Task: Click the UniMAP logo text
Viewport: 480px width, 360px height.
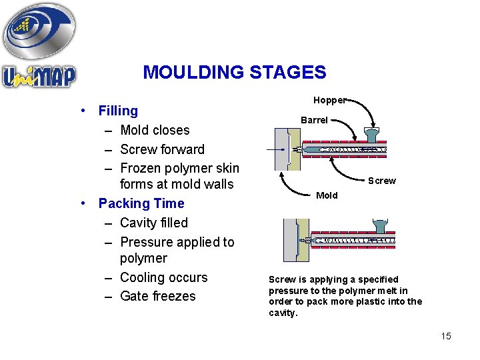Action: tap(39, 75)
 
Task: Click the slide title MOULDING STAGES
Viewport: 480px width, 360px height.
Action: tap(235, 72)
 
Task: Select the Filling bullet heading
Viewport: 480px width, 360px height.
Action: tap(118, 111)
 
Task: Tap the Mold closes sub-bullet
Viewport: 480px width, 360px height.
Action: tap(155, 130)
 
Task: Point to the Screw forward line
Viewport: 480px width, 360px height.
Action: tap(162, 149)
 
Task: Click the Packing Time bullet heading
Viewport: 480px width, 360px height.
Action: tap(141, 203)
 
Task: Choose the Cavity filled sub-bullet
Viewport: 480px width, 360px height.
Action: tap(154, 223)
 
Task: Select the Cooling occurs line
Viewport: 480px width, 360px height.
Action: tap(163, 277)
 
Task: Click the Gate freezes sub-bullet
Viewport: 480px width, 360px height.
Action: tap(158, 297)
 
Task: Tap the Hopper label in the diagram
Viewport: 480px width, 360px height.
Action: tap(329, 100)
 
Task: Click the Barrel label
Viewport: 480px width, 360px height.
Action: tap(314, 121)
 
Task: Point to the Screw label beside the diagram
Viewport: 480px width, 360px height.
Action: tap(382, 181)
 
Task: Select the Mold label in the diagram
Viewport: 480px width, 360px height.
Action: tap(327, 195)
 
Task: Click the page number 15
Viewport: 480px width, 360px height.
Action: tap(446, 336)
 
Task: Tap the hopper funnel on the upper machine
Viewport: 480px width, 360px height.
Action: tap(373, 134)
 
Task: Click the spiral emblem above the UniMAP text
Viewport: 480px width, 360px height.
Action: tap(39, 31)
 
